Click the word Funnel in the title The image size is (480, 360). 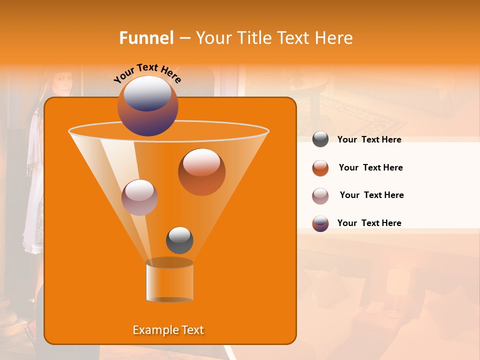pyautogui.click(x=146, y=38)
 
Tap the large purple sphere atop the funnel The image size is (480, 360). pyautogui.click(x=147, y=106)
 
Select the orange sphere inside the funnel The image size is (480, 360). pyautogui.click(x=201, y=171)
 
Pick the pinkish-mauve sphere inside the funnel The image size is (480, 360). pyautogui.click(x=139, y=197)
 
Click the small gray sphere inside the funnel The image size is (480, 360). pyautogui.click(x=179, y=240)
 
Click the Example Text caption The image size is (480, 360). pyautogui.click(x=168, y=330)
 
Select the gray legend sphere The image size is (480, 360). pyautogui.click(x=320, y=139)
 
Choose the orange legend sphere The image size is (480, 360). pyautogui.click(x=320, y=168)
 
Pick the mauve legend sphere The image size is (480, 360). pyautogui.click(x=320, y=196)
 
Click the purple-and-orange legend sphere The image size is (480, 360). pyautogui.click(x=320, y=223)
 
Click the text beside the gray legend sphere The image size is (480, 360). pyautogui.click(x=369, y=140)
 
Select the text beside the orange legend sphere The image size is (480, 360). pyautogui.click(x=370, y=168)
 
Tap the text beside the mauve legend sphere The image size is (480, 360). pyautogui.click(x=371, y=195)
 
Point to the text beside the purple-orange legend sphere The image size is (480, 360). pyautogui.click(x=369, y=223)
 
